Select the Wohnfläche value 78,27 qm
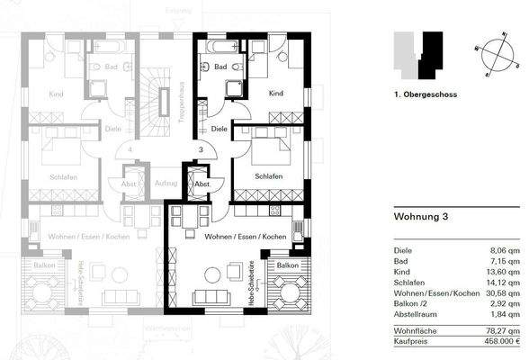[504, 330]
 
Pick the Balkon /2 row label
[412, 304]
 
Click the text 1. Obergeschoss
[425, 93]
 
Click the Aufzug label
[166, 183]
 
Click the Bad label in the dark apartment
[220, 67]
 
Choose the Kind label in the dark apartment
[276, 94]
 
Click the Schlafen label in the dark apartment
[269, 175]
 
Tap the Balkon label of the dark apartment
[287, 266]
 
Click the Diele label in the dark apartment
[220, 129]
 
